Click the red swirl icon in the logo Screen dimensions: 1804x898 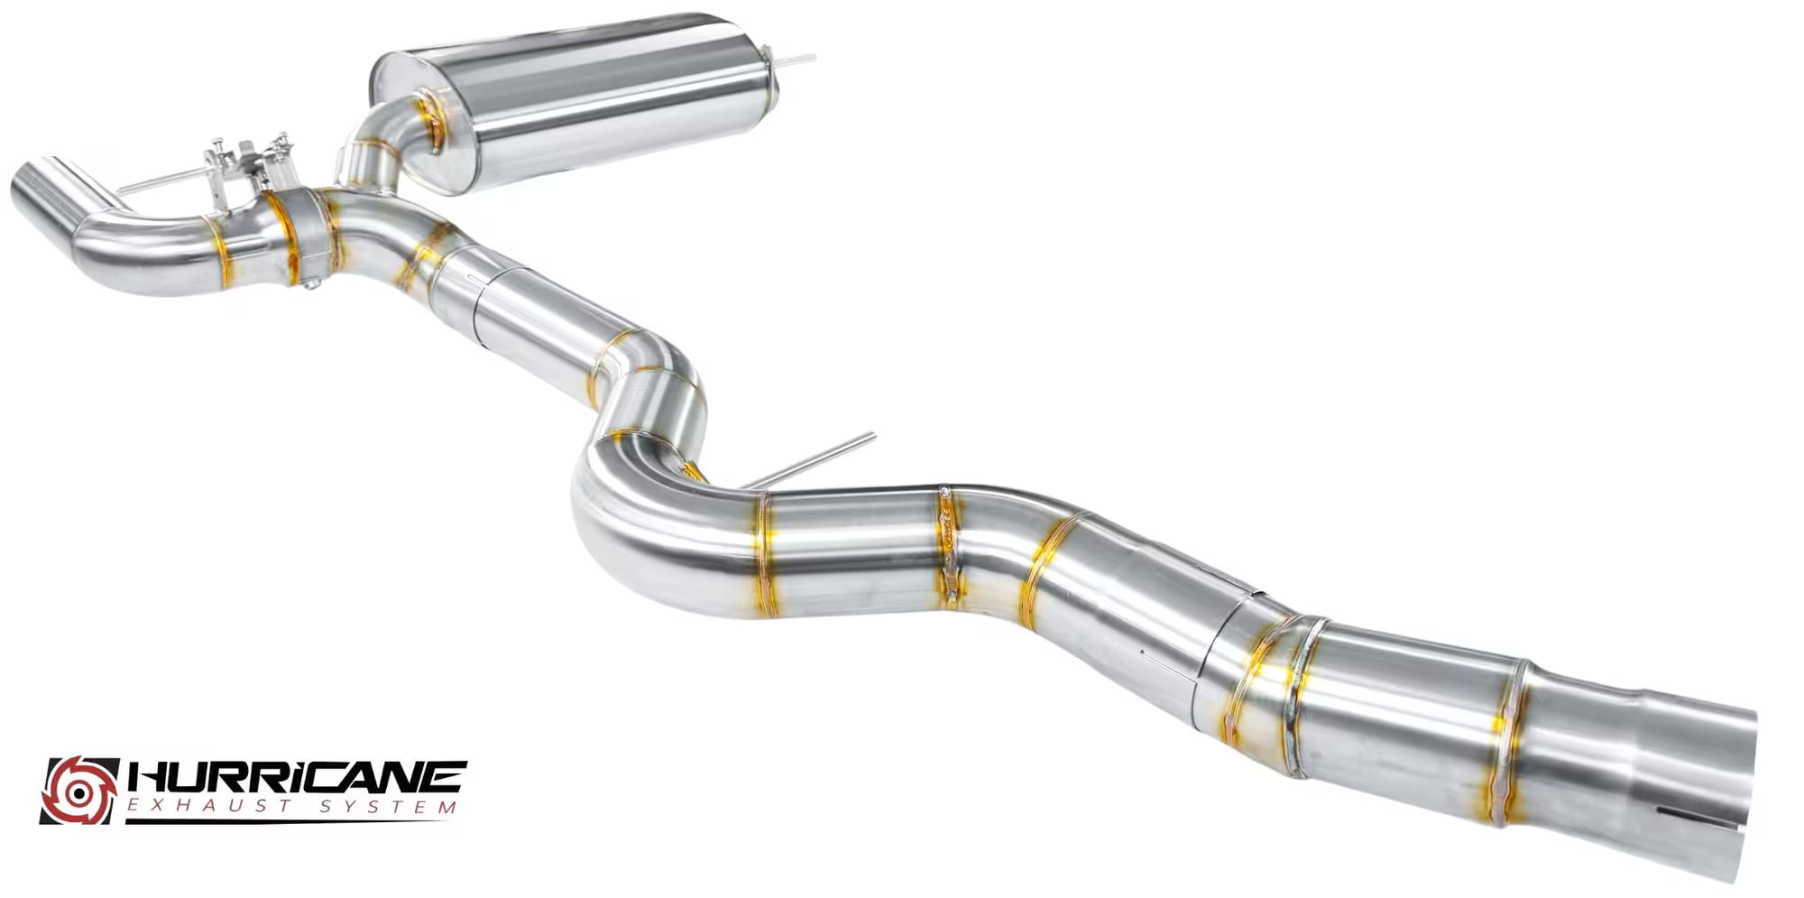point(79,790)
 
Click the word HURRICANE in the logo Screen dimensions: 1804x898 point(298,777)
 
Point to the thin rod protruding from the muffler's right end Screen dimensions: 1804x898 point(795,60)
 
